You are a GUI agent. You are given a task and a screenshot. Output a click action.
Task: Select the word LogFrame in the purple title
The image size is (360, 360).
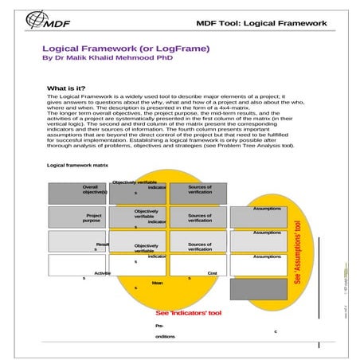pos(182,49)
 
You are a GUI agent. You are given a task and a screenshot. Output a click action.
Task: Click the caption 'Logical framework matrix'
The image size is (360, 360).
pos(77,164)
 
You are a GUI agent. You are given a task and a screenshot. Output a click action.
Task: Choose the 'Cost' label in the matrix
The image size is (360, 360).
pos(213,273)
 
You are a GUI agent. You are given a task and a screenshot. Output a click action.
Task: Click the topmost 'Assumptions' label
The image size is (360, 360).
pos(267,209)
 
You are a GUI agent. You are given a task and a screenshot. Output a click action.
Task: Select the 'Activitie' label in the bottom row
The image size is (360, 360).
pos(102,273)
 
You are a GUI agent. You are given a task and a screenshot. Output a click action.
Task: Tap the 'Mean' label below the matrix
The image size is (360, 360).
pos(157,283)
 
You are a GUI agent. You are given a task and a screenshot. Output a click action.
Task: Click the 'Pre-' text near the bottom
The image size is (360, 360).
pos(160,326)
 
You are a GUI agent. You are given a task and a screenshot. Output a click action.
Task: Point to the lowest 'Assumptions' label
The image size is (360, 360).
pos(267,256)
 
